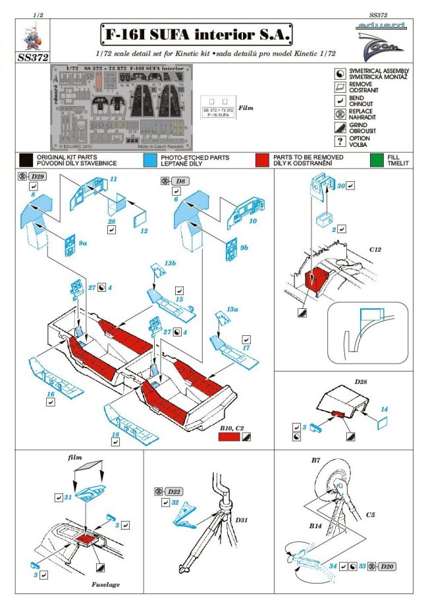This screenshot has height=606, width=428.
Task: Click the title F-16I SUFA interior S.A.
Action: click(196, 34)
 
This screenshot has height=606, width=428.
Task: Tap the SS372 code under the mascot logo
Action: click(34, 57)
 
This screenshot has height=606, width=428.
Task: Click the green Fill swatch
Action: click(377, 159)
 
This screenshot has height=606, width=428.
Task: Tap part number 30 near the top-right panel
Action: click(341, 185)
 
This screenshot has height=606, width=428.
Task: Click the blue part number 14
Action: click(384, 409)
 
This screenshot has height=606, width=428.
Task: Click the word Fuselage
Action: click(106, 584)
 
